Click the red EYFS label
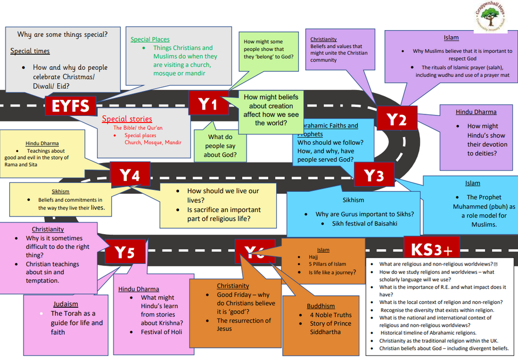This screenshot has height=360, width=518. pyautogui.click(x=70, y=106)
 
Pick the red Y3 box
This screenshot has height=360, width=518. pyautogui.click(x=373, y=175)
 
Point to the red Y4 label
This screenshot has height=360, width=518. pyautogui.click(x=129, y=175)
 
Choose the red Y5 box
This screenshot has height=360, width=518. pyautogui.click(x=124, y=253)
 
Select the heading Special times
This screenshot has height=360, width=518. pyautogui.click(x=30, y=51)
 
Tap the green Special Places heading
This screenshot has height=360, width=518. pyautogui.click(x=150, y=39)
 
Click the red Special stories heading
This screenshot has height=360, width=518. pyautogui.click(x=127, y=119)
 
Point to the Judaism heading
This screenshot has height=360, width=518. pyautogui.click(x=66, y=304)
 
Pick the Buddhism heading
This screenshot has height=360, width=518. pyautogui.click(x=321, y=306)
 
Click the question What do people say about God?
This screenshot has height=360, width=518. pyautogui.click(x=220, y=146)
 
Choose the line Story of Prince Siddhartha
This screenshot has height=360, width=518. pyautogui.click(x=330, y=328)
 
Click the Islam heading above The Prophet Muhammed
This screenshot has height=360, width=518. pyautogui.click(x=472, y=184)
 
